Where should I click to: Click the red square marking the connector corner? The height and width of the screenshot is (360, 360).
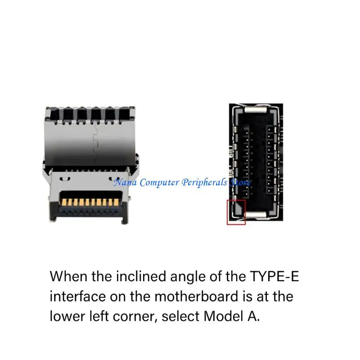point(236,212)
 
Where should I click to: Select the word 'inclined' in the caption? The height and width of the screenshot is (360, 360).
point(128,276)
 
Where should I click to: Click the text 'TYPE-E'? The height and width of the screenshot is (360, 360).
point(274,276)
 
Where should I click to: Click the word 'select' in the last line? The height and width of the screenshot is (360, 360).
point(181,316)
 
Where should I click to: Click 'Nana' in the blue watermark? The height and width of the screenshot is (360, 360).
point(125,183)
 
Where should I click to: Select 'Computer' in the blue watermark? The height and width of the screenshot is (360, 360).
point(159,183)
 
